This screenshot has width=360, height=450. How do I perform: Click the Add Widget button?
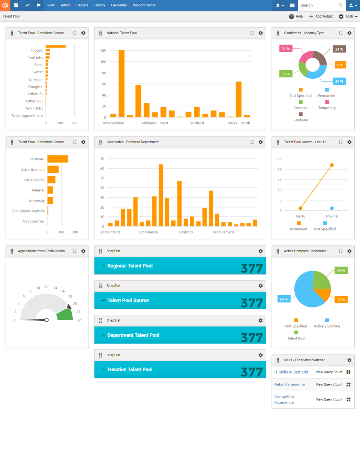point(321,16)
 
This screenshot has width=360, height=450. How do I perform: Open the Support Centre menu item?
point(144,5)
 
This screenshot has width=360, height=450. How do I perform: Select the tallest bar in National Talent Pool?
point(121,84)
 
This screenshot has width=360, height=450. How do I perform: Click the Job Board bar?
point(57,159)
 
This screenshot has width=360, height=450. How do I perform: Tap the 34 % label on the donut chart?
point(339,81)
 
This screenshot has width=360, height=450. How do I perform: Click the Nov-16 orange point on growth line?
point(332,165)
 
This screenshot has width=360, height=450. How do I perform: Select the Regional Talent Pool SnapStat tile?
point(180,266)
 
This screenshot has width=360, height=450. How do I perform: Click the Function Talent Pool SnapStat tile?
point(180,369)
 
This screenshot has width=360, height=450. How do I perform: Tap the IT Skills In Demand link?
point(291,372)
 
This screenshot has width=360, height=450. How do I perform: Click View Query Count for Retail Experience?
point(329,384)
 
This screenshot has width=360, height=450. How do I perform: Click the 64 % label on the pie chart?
point(283,299)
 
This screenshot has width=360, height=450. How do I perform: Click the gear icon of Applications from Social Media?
point(83,251)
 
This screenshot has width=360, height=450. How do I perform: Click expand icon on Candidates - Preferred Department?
point(252,142)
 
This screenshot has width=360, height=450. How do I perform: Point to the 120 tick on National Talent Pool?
point(103,50)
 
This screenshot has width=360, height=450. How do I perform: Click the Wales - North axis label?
point(238,123)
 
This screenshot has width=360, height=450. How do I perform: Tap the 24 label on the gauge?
point(79,320)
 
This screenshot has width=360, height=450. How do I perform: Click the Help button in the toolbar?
point(296,16)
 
